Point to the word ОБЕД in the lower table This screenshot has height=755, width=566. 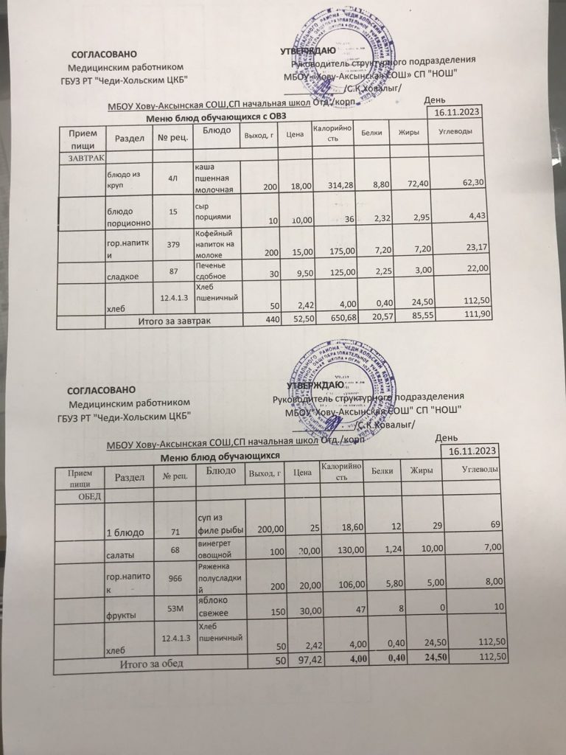click(83, 497)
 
